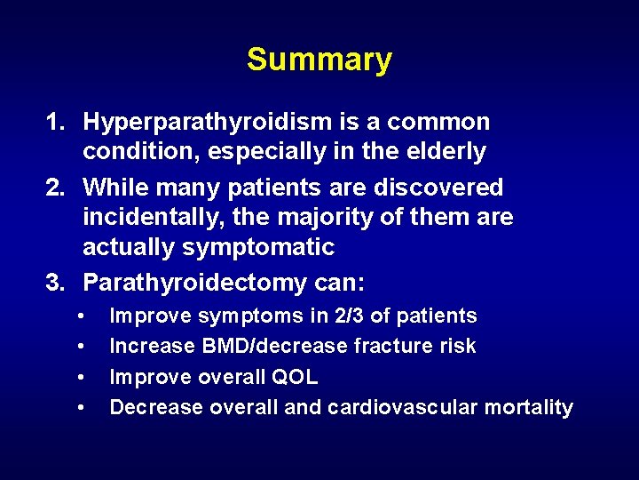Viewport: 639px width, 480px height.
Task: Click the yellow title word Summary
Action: [x=319, y=60]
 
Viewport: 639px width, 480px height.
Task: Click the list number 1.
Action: [x=54, y=122]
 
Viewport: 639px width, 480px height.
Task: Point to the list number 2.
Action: [x=54, y=188]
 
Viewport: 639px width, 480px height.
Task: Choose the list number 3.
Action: [x=54, y=283]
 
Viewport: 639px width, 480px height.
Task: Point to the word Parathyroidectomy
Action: [x=196, y=283]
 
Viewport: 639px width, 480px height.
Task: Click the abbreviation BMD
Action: [x=227, y=346]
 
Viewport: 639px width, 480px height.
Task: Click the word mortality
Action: [x=532, y=407]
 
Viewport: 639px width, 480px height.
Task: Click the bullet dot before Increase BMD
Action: [x=81, y=347]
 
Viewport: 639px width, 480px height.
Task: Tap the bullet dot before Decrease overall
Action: [x=81, y=408]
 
